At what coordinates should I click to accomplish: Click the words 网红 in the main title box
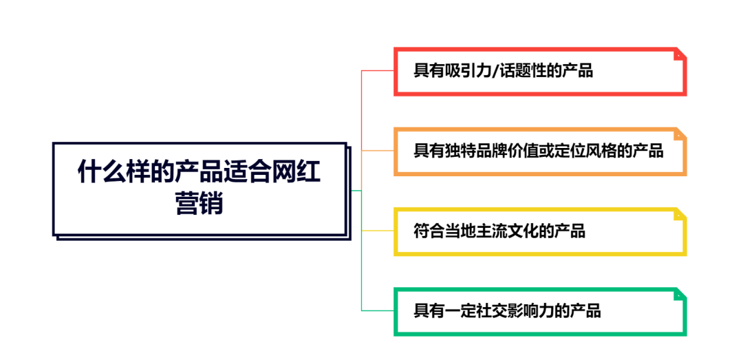tap(296, 173)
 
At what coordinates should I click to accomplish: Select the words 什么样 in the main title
tap(114, 173)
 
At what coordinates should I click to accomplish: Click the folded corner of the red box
tap(680, 54)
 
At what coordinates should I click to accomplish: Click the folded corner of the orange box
tap(680, 134)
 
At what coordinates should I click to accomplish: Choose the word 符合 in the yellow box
tap(429, 231)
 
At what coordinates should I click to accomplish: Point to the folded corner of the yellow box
tap(680, 214)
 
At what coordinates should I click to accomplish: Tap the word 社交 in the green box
tap(492, 311)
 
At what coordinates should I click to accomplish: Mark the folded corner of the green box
tap(680, 295)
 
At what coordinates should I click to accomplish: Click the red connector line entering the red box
tap(378, 71)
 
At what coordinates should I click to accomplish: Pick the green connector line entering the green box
tap(378, 310)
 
